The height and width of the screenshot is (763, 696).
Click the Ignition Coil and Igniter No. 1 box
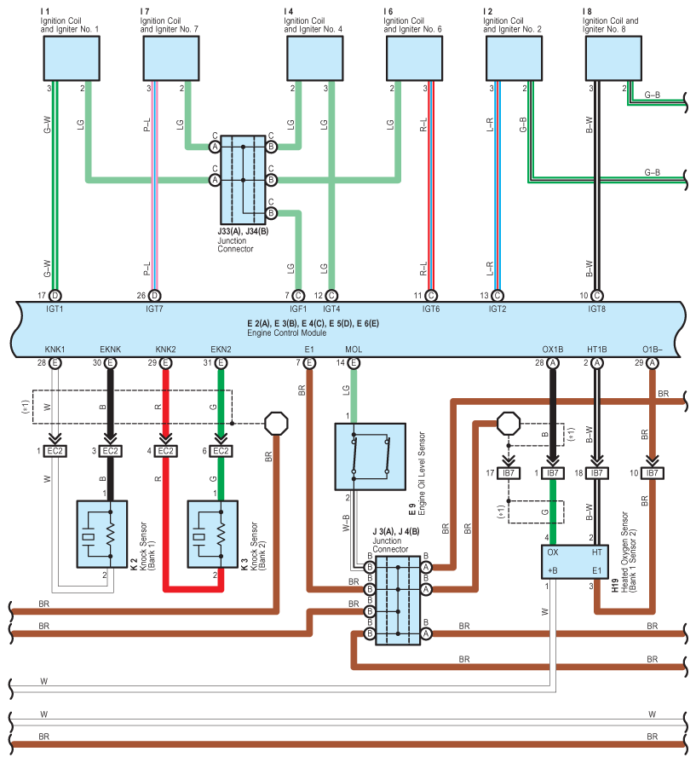pos(71,58)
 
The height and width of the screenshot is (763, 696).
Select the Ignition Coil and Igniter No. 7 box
pos(170,58)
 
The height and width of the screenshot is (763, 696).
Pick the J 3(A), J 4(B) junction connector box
pos(398,600)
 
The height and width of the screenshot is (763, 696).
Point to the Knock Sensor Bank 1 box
pos(102,534)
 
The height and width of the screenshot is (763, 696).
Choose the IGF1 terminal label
pos(298,309)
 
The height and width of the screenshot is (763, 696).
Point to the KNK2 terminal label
pos(165,350)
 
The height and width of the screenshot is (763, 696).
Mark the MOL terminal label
pos(354,350)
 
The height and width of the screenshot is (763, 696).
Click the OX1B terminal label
pos(553,350)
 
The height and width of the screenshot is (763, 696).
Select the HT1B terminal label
pos(597,350)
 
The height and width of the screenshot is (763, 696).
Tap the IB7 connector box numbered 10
pos(652,472)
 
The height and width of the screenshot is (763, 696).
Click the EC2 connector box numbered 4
pos(165,450)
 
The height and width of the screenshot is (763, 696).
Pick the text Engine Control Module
pos(280,332)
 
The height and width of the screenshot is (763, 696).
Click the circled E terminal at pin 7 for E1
pos(309,363)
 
